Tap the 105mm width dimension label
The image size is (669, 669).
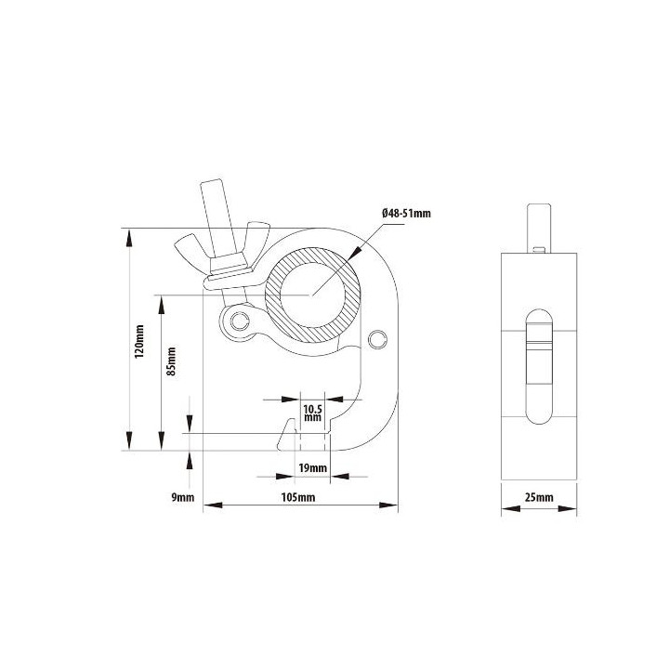[x=298, y=499]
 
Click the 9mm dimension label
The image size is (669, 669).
[x=182, y=498]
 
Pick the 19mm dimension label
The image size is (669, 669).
[x=312, y=467]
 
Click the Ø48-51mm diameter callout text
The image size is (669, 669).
[x=406, y=214]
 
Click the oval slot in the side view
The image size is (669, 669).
[x=539, y=364]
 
